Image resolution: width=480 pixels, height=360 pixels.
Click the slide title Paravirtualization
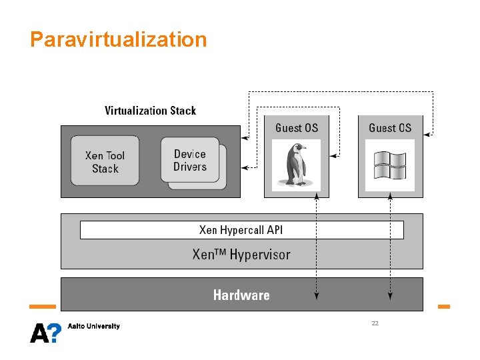pos(119,39)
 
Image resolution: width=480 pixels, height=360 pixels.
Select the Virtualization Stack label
pos(150,111)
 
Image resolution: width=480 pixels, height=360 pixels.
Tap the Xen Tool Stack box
pos(105,161)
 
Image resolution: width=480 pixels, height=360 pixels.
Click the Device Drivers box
pos(189,160)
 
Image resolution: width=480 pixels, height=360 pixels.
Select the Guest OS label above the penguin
pos(297,127)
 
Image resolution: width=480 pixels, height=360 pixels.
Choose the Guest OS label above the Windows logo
pos(390,127)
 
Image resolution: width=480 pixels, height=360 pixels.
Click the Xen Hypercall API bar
pos(241,230)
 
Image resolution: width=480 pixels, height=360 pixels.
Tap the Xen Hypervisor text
pos(241,254)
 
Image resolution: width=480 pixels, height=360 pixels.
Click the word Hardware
pos(241,295)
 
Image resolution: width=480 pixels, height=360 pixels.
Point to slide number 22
pos(375,323)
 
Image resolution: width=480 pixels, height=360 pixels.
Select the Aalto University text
pos(94,326)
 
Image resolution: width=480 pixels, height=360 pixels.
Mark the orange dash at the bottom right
pos(443,307)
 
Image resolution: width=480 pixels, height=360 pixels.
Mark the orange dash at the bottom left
pos(43,307)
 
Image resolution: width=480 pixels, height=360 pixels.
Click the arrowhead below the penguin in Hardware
pos(316,296)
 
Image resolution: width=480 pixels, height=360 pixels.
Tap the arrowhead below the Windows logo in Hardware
pos(390,296)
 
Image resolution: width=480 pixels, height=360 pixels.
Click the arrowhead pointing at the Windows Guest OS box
pos(427,134)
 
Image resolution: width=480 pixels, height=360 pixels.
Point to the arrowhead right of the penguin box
pos(335,156)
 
